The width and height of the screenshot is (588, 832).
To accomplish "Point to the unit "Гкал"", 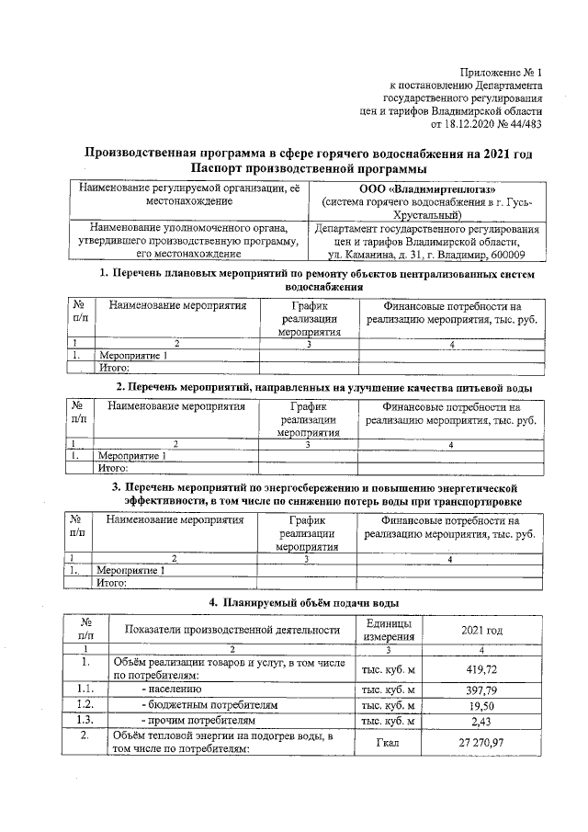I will (x=388, y=742).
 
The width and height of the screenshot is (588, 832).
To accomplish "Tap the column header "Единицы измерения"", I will (x=388, y=630).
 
